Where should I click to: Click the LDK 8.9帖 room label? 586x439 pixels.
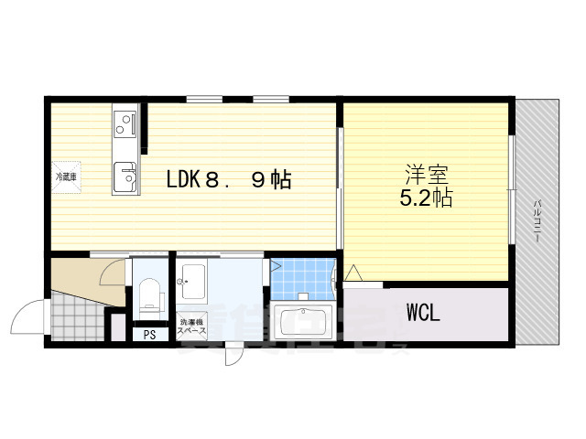228,180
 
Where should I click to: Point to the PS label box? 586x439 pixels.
149,334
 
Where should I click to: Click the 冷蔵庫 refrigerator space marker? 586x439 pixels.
66,176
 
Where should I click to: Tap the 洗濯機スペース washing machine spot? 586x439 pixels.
192,324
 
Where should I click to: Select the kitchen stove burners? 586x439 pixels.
125,123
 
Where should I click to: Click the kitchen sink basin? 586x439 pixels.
124,175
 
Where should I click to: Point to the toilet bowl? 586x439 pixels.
148,296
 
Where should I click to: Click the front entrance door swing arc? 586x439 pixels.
26,316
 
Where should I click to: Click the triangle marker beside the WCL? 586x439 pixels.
353,273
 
